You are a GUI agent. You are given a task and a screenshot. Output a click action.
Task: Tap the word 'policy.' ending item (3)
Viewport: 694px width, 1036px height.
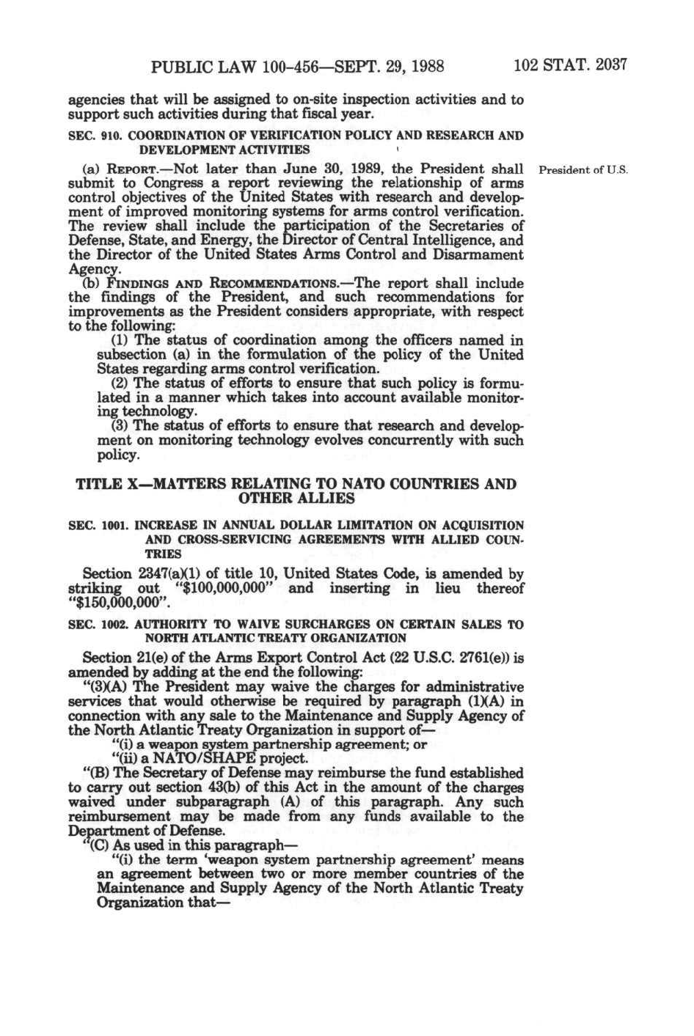[x=118, y=455]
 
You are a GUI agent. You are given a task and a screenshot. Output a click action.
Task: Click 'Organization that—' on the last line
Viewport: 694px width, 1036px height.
[x=158, y=903]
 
